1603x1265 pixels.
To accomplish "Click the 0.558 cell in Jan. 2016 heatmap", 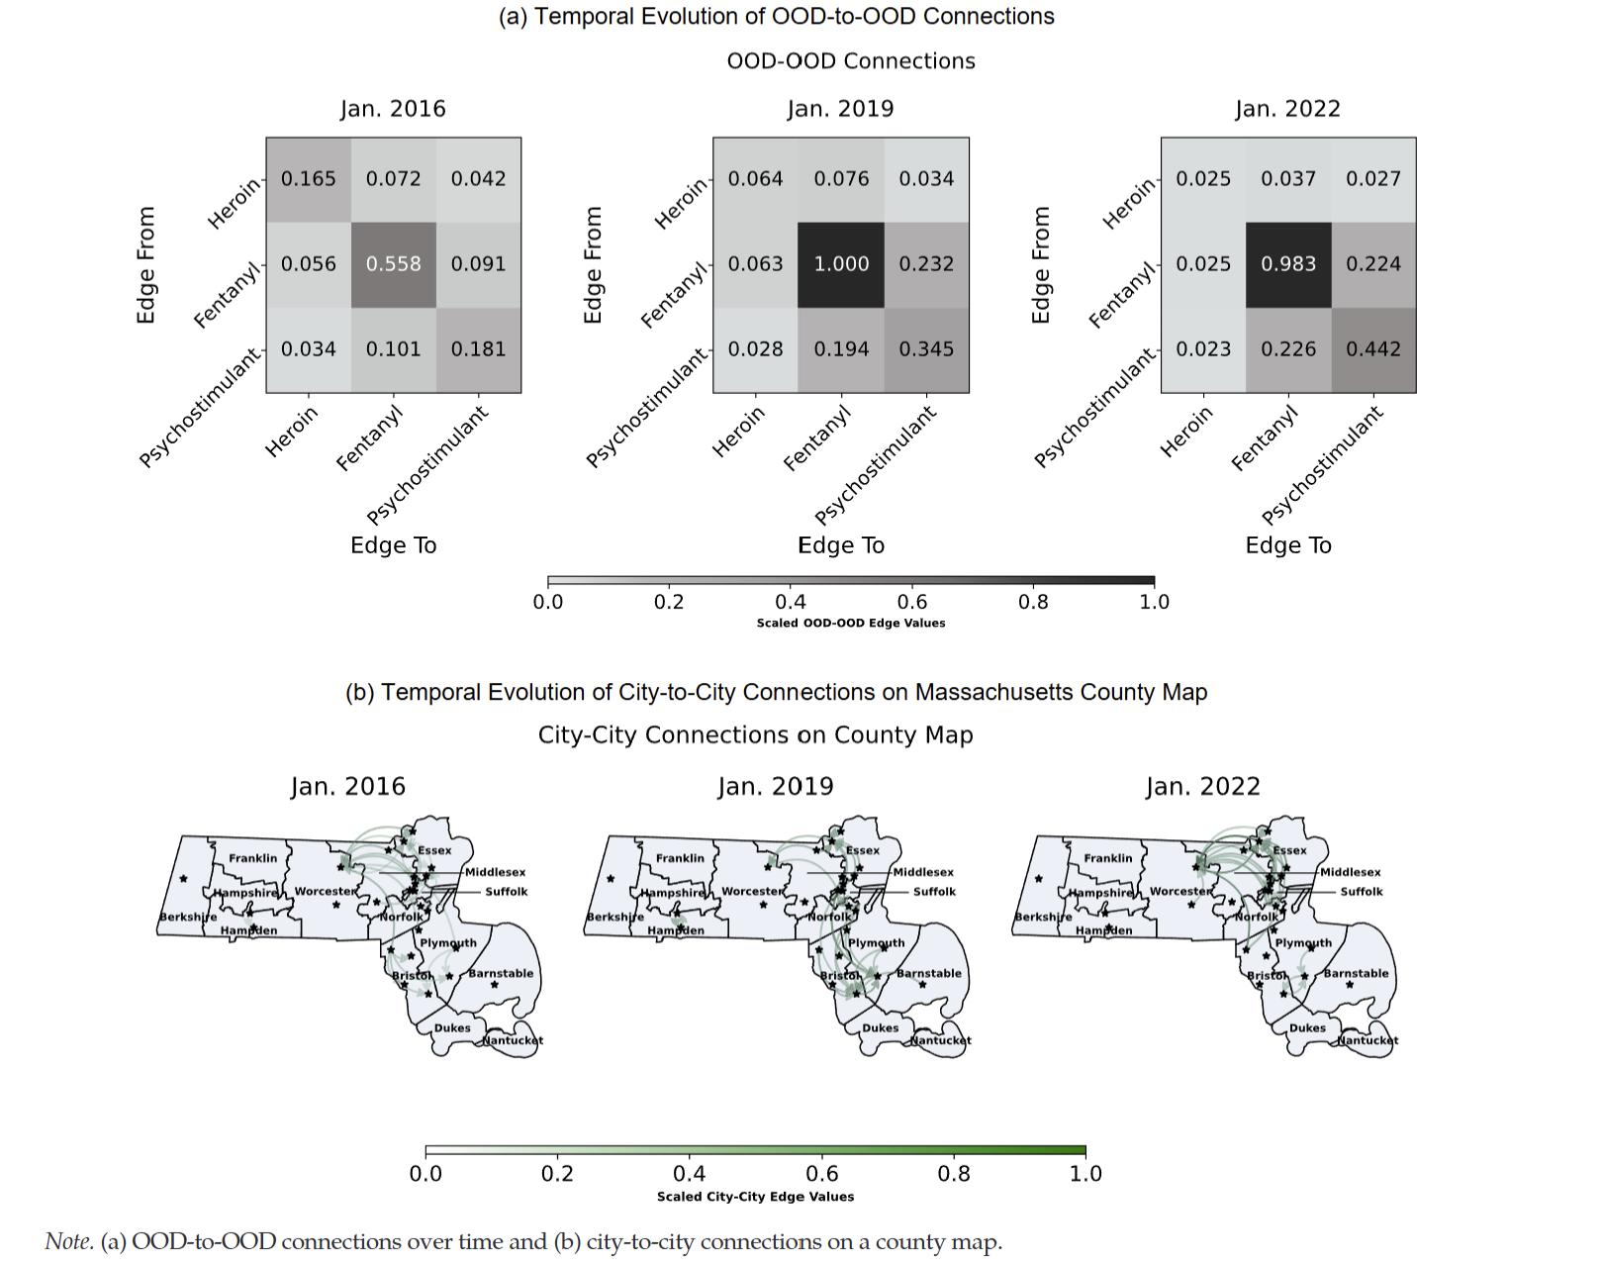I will tap(394, 264).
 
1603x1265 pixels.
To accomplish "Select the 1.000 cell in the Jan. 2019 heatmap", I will tap(841, 264).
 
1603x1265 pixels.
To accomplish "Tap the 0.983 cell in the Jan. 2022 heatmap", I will tap(1288, 264).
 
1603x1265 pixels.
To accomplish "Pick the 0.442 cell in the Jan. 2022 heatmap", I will tap(1373, 349).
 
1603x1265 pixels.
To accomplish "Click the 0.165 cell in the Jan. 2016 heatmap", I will tap(309, 179).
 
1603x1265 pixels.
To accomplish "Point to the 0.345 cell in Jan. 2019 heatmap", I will tap(926, 349).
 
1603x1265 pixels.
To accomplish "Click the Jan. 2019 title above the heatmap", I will tap(840, 109).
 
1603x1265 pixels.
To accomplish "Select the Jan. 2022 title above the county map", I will tap(1202, 787).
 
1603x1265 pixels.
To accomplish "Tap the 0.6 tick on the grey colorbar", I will tap(911, 602).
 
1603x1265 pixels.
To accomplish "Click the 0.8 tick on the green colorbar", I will tap(954, 1174).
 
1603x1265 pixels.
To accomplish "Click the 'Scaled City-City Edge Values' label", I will tap(755, 1197).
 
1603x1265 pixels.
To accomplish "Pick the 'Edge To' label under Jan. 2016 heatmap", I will tap(393, 545).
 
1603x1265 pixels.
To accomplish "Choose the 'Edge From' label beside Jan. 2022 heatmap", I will tap(1040, 265).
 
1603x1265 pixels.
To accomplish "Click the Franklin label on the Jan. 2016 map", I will tap(252, 858).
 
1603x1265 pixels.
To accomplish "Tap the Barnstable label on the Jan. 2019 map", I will tap(928, 973).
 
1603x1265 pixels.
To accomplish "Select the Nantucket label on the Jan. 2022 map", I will tap(1367, 1040).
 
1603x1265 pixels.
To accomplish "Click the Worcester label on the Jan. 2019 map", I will tap(752, 891).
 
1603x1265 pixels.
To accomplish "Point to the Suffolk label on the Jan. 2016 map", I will tap(506, 892).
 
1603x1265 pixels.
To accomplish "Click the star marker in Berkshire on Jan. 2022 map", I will tap(1038, 878).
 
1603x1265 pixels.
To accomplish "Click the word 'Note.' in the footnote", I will tap(69, 1242).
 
